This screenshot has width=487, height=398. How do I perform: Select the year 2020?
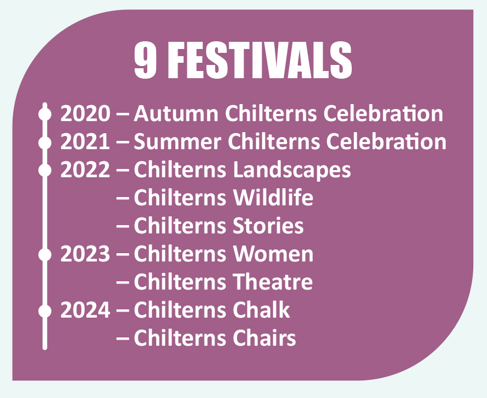(x=85, y=114)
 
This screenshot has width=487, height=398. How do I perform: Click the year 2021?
(x=85, y=142)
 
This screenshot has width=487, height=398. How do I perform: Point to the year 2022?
(x=85, y=170)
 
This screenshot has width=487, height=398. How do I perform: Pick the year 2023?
(x=85, y=254)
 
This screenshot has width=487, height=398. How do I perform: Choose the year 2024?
(x=85, y=310)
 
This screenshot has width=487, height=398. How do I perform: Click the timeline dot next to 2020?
(x=45, y=114)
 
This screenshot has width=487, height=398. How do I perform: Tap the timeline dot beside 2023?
(x=45, y=254)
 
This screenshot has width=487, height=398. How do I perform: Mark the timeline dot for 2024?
(x=45, y=310)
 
